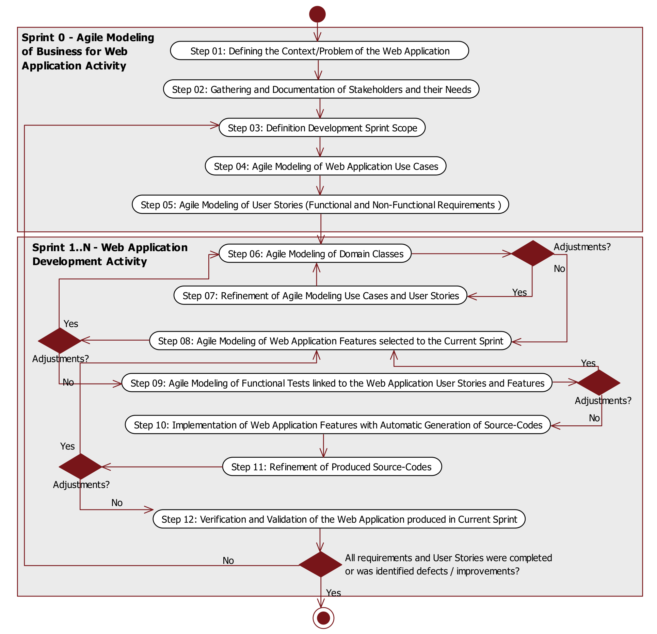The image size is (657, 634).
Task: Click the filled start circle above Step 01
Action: coord(317,14)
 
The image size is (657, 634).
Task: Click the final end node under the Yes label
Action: coord(323,618)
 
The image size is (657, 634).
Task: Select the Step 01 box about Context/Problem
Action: coord(319,51)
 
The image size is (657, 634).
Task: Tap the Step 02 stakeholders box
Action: coord(321,89)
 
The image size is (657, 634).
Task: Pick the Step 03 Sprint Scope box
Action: coord(322,128)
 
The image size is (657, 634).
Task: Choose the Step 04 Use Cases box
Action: coord(325,166)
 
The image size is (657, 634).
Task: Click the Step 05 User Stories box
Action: coord(320,205)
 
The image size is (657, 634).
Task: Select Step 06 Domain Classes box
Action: coord(315,254)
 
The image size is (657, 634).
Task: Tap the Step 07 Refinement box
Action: coord(320,295)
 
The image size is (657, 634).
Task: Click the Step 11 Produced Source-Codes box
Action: coord(332,467)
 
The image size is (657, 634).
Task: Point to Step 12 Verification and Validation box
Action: coord(339,519)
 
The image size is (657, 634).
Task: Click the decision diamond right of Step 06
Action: coord(532,253)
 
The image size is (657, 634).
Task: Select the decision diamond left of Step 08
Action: coord(60,340)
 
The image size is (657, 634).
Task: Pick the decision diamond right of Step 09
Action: coord(598,383)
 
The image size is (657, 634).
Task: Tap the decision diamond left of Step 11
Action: coord(80,467)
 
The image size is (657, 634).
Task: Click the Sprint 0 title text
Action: coord(88,51)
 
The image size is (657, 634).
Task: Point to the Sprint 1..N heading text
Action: coord(110,254)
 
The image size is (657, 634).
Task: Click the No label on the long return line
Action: coord(228,560)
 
